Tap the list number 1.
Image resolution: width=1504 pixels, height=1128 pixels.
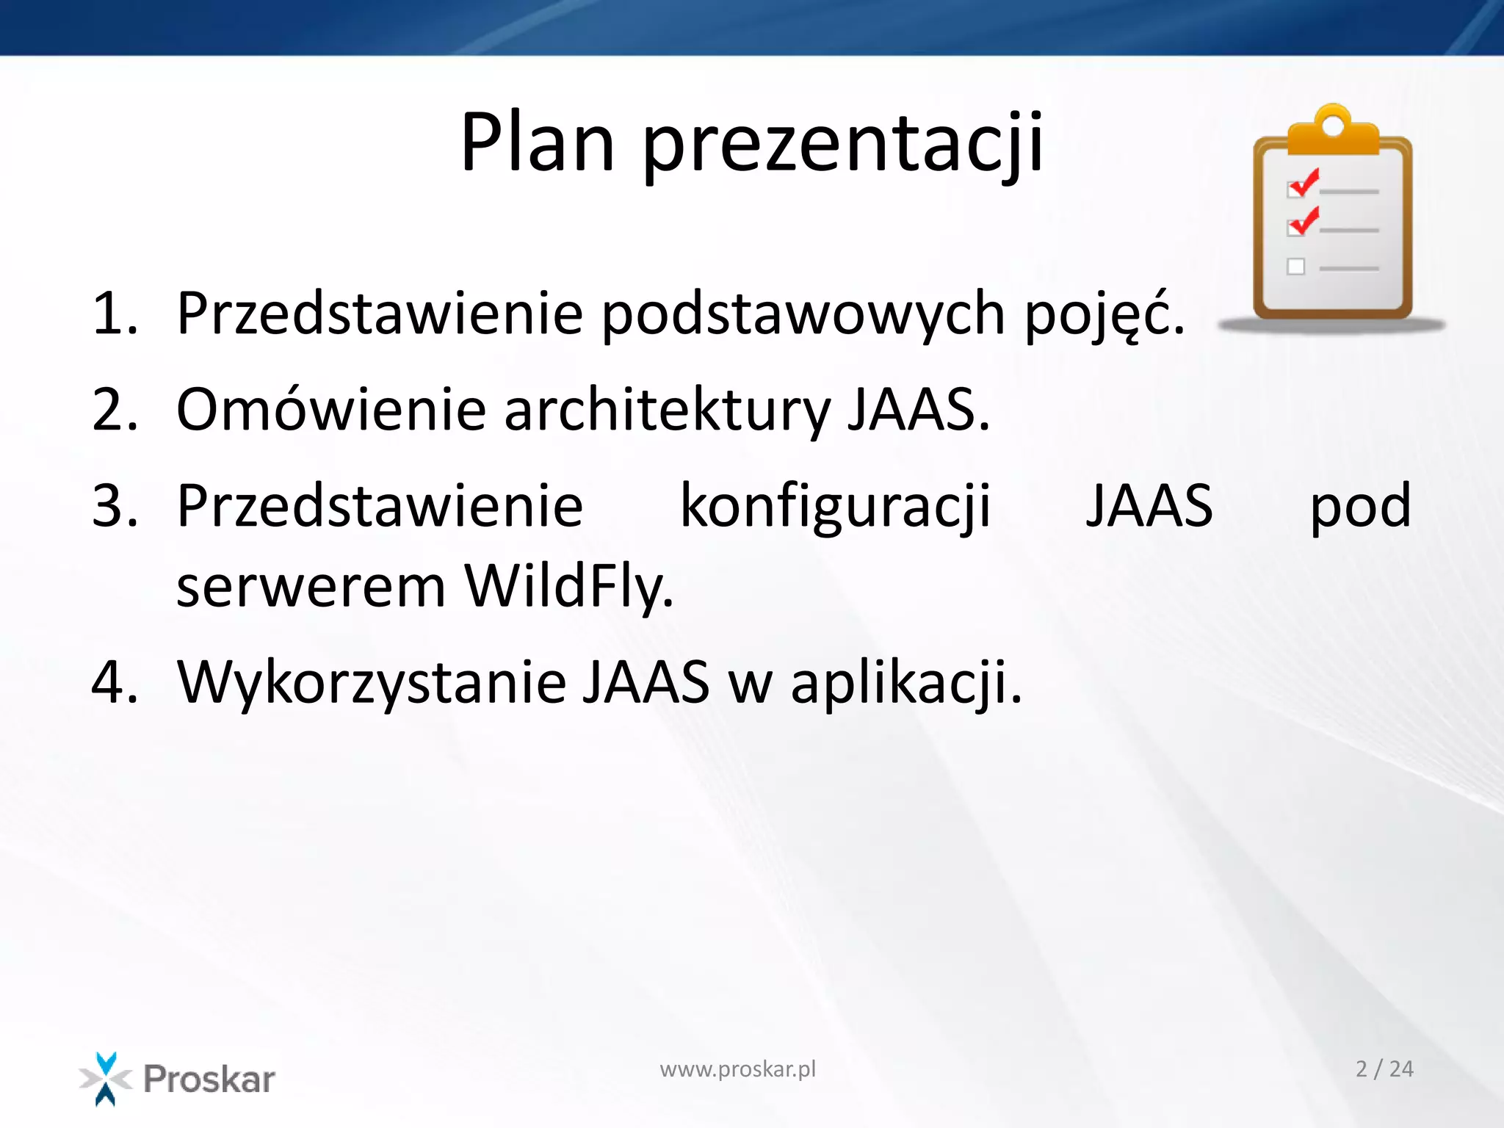114,314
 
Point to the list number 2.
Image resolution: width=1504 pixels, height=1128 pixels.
115,410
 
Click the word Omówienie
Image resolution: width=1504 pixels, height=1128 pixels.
331,410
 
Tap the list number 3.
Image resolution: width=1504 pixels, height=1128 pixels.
115,507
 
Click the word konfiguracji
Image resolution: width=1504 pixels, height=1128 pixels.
836,507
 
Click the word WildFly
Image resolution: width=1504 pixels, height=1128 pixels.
569,587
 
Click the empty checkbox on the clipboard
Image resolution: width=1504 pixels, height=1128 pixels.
1296,267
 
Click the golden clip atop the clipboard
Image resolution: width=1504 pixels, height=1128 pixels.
1333,133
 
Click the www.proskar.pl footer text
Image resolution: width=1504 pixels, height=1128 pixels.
737,1069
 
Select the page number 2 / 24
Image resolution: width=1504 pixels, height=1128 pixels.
1384,1069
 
